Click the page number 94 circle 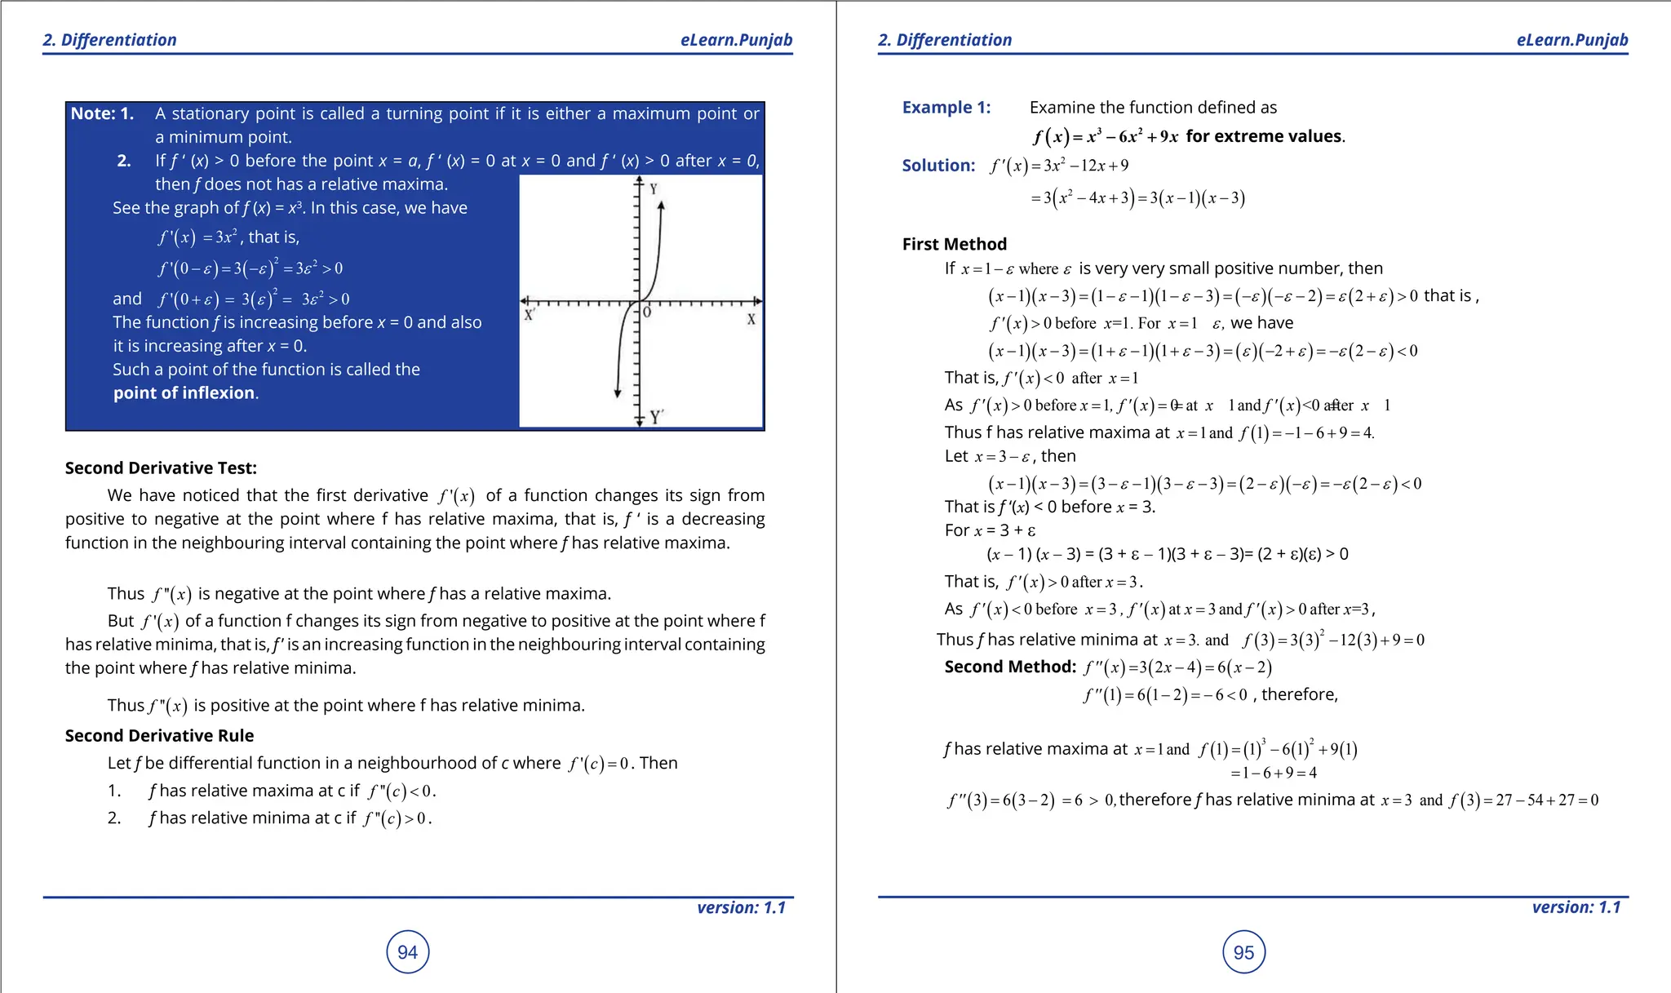click(407, 951)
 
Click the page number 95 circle click(1243, 951)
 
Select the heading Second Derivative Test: click(161, 468)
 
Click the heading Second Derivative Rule click(159, 736)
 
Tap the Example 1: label click(946, 108)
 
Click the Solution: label click(937, 166)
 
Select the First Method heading click(954, 244)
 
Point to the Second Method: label click(1009, 667)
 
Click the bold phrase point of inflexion click(184, 393)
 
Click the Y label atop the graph click(654, 189)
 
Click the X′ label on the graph click(530, 315)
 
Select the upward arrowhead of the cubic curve click(661, 206)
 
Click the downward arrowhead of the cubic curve click(618, 393)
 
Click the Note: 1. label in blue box click(102, 114)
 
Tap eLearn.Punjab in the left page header click(736, 40)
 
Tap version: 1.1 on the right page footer click(1576, 907)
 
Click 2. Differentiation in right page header click(944, 40)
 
